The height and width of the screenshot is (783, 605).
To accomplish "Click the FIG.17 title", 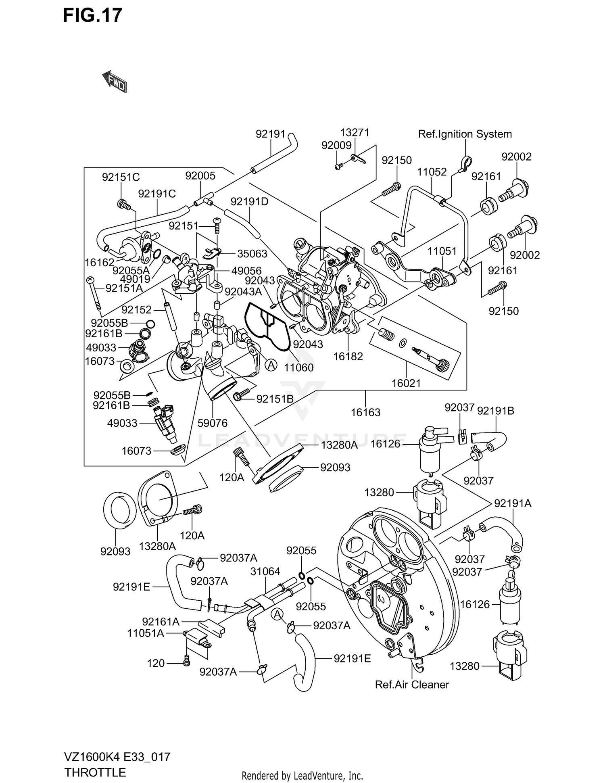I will tap(92, 15).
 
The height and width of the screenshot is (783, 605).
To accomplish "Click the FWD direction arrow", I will tap(115, 81).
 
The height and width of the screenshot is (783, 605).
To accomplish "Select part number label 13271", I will tap(355, 133).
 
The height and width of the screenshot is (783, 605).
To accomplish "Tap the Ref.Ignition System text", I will tap(465, 134).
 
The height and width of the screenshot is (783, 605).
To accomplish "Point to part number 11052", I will tap(432, 172).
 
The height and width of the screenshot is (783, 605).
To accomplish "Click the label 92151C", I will tap(121, 177).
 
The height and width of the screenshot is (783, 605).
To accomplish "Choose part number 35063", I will tap(252, 254).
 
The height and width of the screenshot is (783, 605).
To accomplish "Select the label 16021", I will tap(406, 383).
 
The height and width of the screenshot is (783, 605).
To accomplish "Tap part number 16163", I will tap(365, 412).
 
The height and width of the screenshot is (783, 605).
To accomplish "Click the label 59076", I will tap(213, 423).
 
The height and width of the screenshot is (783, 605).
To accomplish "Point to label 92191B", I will tap(495, 411).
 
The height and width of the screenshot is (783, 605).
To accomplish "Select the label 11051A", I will tap(146, 633).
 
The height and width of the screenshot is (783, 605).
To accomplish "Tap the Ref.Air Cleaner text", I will tap(412, 685).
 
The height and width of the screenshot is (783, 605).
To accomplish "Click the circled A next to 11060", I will tap(271, 365).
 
